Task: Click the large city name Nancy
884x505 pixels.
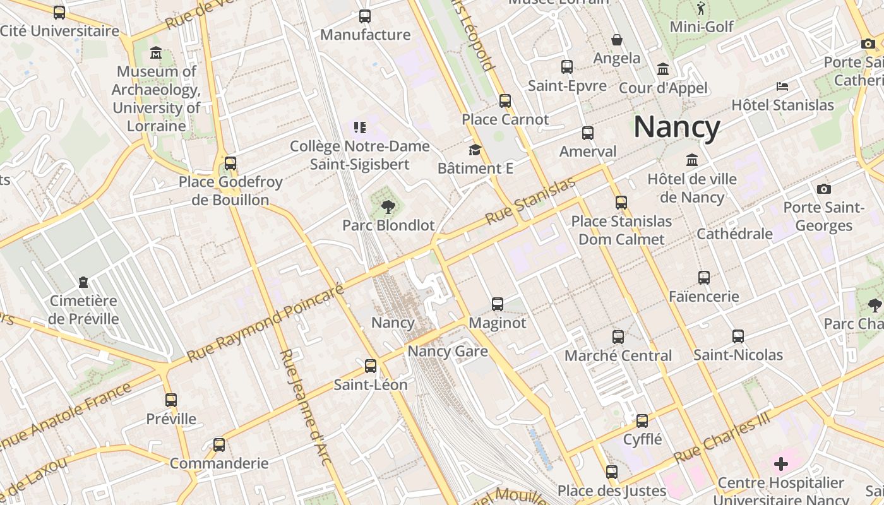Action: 676,127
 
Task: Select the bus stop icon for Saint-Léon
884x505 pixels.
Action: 371,365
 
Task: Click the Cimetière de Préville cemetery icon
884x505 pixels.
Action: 83,282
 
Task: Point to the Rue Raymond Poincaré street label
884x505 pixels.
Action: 265,324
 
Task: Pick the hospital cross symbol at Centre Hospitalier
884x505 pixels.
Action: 781,465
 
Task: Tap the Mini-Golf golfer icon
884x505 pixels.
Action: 701,8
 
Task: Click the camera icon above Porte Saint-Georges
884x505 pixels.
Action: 823,189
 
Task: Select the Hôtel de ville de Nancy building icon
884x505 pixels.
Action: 692,160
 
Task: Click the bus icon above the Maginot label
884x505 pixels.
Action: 498,304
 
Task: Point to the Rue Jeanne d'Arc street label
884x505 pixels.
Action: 306,407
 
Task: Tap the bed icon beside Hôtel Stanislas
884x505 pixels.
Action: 782,86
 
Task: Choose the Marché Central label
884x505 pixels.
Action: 618,355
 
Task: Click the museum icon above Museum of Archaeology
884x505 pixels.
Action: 156,53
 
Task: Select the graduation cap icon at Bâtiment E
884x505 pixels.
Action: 475,150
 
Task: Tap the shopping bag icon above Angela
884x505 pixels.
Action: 617,40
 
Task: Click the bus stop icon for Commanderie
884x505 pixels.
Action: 219,444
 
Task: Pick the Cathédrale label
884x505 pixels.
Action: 734,234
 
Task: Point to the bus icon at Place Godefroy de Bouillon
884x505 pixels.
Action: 230,163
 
